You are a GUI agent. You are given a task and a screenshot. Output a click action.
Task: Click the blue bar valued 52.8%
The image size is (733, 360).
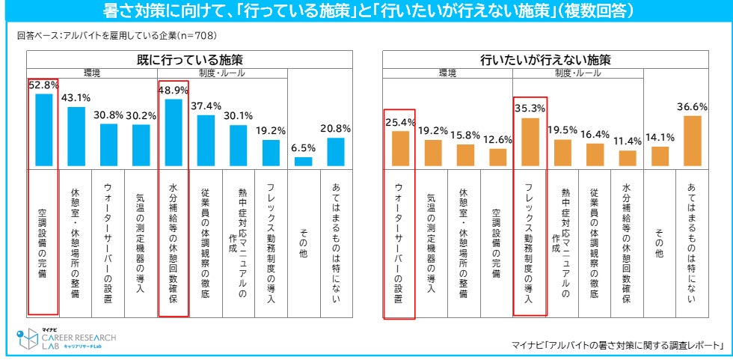pyautogui.click(x=44, y=129)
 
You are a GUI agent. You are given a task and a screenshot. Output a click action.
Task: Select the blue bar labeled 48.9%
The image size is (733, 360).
pyautogui.click(x=173, y=132)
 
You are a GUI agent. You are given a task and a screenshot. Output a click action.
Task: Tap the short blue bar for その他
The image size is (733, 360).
pyautogui.click(x=303, y=161)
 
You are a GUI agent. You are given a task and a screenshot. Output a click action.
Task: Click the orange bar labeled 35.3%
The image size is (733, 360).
pyautogui.click(x=530, y=141)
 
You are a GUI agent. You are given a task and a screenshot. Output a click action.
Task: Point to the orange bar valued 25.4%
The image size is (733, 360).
pyautogui.click(x=400, y=148)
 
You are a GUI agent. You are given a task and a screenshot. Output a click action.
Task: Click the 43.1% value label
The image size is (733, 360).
pyautogui.click(x=76, y=97)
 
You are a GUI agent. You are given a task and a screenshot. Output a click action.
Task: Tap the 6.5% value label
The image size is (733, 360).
pyautogui.click(x=303, y=147)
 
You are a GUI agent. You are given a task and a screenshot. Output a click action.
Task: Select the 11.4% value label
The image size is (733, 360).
pyautogui.click(x=627, y=140)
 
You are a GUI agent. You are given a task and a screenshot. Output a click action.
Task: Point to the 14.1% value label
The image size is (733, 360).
pyautogui.click(x=659, y=136)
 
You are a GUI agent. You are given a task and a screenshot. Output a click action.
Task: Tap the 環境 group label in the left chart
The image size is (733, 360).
pyautogui.click(x=93, y=73)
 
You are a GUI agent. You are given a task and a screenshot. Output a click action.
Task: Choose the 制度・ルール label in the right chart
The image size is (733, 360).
pyautogui.click(x=577, y=73)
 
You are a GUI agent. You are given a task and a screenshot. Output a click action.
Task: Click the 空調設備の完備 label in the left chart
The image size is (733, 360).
pyautogui.click(x=43, y=240)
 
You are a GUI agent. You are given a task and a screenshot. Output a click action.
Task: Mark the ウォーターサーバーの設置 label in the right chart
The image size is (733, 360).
pyautogui.click(x=399, y=243)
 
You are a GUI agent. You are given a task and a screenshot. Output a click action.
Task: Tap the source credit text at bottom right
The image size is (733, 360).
pyautogui.click(x=618, y=344)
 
